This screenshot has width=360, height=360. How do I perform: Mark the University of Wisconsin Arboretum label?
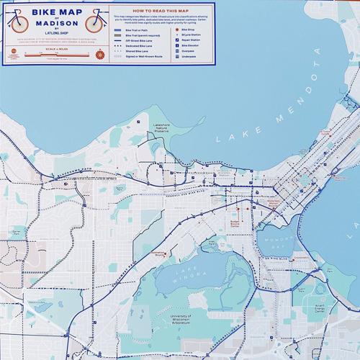point(180,319)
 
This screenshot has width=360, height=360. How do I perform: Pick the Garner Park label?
point(16,232)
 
